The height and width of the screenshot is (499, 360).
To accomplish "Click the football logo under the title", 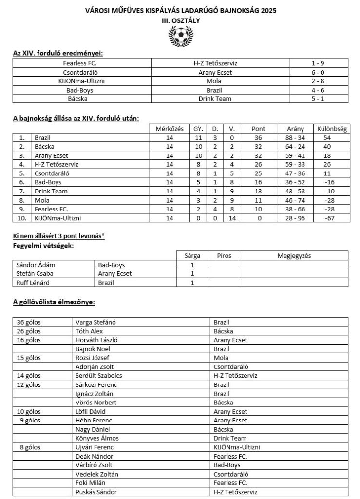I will click(180, 36).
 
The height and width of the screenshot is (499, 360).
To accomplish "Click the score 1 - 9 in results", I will click(319, 63).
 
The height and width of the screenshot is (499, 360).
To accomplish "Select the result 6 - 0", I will click(319, 72).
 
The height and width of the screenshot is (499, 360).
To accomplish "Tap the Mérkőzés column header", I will click(169, 129).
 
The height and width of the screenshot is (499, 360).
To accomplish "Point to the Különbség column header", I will click(331, 129).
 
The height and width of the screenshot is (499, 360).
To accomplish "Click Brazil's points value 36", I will click(258, 138).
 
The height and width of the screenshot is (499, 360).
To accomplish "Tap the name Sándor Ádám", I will click(33, 265).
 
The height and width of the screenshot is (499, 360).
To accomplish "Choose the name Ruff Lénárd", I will click(31, 282).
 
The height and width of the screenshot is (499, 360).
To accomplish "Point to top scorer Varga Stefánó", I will click(96, 322).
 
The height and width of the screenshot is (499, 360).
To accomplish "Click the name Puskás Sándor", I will click(96, 492).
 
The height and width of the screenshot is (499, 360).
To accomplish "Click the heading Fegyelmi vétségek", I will click(43, 246).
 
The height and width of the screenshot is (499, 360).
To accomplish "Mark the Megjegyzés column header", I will click(294, 255).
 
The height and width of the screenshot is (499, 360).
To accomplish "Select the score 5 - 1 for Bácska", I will click(319, 99).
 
